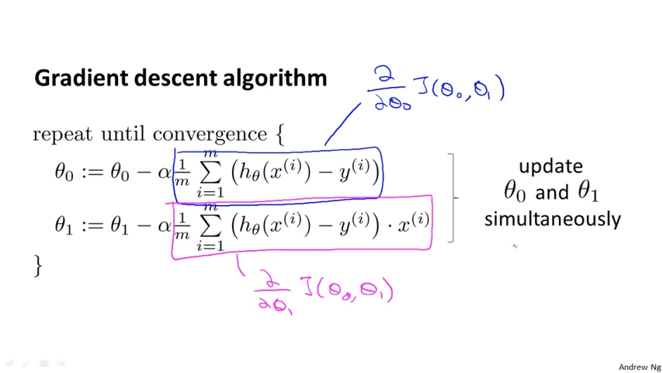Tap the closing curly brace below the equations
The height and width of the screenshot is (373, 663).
point(37,265)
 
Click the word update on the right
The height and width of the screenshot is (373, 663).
point(550,166)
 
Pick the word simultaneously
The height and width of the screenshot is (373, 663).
point(552,219)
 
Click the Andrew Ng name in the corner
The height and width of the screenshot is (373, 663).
point(640,367)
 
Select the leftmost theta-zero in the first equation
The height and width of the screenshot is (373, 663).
point(64,173)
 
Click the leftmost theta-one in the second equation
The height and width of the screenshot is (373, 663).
point(64,225)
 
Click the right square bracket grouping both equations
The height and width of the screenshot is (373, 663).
point(453,197)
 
